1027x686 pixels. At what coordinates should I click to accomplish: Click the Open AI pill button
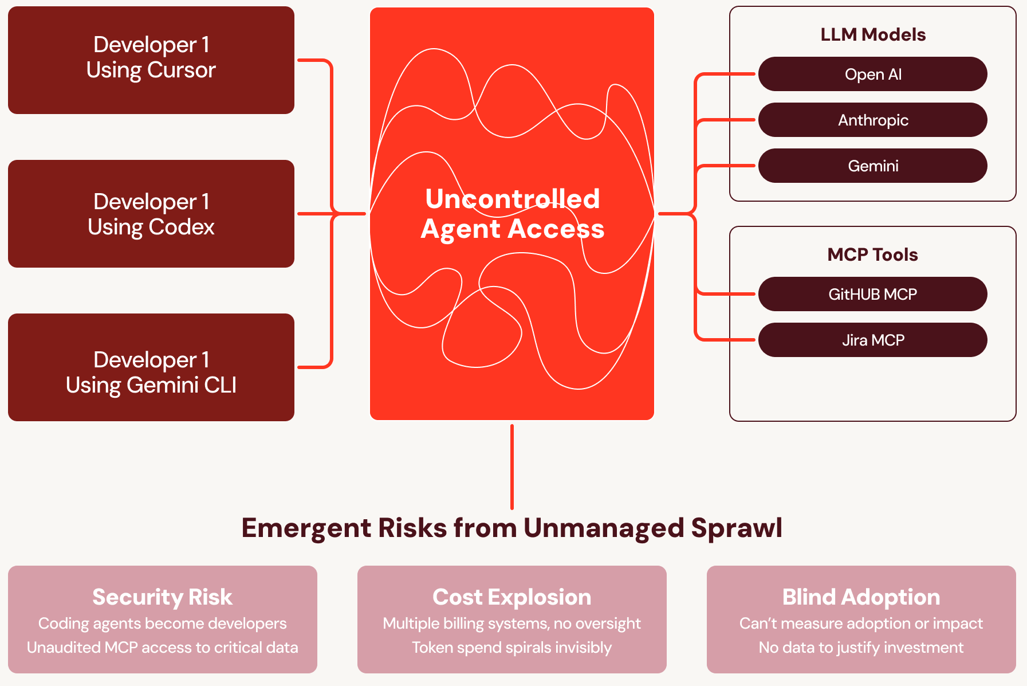point(872,75)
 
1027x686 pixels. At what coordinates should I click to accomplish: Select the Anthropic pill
point(872,120)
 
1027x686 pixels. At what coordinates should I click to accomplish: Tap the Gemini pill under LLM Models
point(872,166)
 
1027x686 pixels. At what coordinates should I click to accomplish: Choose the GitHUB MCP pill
point(872,295)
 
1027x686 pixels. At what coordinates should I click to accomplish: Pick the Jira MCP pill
point(872,340)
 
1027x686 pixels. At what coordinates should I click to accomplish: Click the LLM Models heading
point(872,35)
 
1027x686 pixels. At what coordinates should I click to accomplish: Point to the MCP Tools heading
point(872,255)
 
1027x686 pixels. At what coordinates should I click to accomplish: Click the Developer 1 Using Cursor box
point(151,60)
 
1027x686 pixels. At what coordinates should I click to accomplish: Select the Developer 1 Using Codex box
point(151,214)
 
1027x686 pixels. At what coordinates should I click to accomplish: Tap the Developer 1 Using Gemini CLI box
point(151,367)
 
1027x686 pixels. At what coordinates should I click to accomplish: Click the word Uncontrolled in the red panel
point(512,199)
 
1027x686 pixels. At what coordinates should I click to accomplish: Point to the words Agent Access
point(512,229)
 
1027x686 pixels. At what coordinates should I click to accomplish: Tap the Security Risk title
point(162,597)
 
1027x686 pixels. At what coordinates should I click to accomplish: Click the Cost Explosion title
point(511,597)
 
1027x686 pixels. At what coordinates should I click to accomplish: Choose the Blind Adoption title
point(861,597)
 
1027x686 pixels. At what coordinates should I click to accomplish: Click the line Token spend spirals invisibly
point(511,648)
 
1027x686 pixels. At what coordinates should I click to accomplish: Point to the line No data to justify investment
point(861,648)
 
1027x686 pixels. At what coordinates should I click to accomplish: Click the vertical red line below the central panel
point(511,467)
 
